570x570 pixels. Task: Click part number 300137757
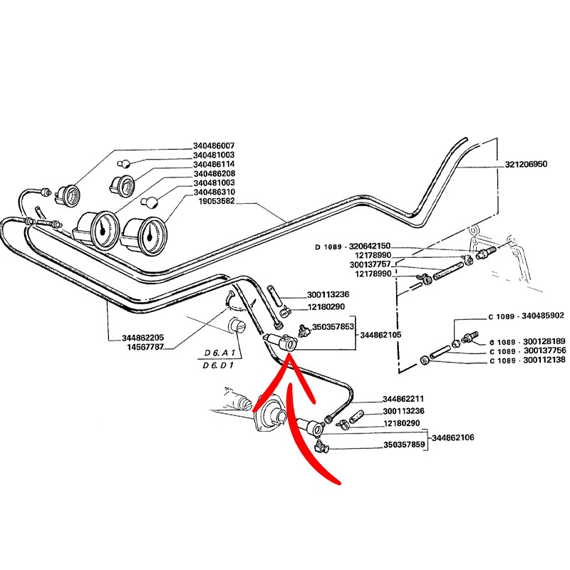click(x=370, y=264)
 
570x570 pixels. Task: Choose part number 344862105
click(x=382, y=334)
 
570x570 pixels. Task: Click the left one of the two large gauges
click(x=98, y=229)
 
